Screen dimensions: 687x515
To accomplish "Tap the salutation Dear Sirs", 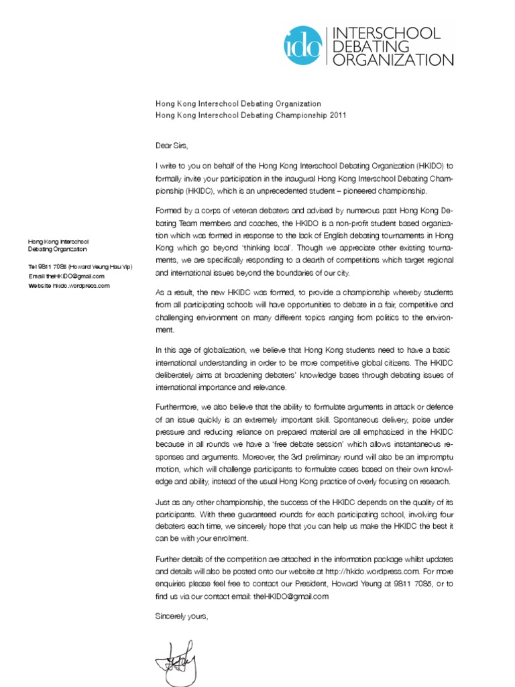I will point(172,145).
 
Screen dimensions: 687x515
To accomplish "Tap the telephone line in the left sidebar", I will point(80,266).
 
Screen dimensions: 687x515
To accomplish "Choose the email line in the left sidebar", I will point(66,276).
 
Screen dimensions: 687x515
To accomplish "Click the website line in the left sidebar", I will point(68,285).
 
